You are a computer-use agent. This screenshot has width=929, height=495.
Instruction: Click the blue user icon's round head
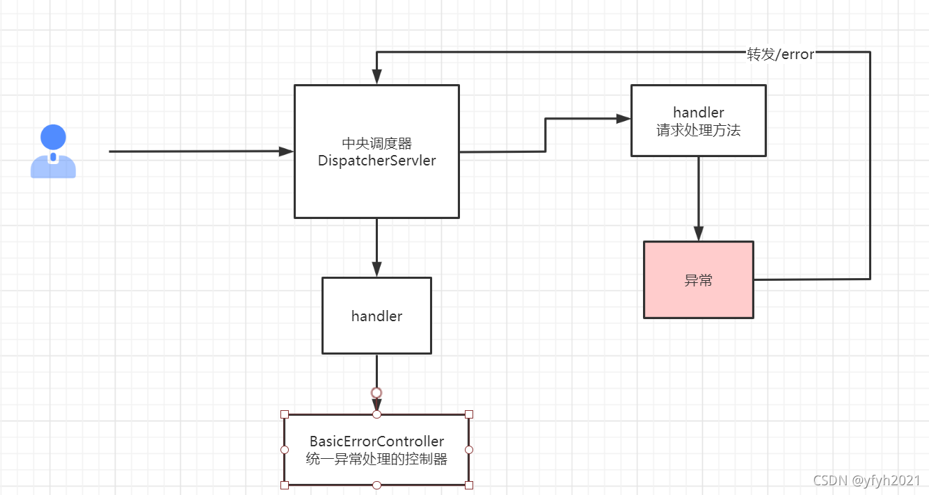click(53, 137)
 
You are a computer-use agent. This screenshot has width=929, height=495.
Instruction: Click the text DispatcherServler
click(376, 161)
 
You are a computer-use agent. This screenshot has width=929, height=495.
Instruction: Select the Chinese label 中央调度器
click(376, 143)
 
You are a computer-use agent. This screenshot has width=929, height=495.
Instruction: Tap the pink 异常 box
click(698, 280)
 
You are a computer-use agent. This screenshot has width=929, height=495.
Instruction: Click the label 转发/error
click(780, 55)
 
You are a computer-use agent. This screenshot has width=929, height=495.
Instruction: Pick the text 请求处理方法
click(698, 130)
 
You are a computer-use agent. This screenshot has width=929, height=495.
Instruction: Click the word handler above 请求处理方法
click(698, 113)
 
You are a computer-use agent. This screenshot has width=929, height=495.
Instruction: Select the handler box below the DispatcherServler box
click(376, 316)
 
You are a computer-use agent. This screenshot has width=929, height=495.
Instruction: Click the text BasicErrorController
click(376, 441)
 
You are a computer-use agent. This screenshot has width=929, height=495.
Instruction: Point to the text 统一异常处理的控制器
click(376, 459)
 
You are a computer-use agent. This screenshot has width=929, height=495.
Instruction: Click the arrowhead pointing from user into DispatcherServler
click(287, 152)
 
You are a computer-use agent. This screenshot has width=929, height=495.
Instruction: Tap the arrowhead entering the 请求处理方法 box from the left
click(624, 119)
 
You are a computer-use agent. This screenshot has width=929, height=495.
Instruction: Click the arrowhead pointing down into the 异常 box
click(698, 234)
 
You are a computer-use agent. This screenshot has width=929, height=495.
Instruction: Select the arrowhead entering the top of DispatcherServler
click(376, 77)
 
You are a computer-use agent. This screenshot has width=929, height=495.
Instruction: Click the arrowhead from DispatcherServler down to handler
click(376, 270)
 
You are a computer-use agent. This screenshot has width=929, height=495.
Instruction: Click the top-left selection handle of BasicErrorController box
click(284, 414)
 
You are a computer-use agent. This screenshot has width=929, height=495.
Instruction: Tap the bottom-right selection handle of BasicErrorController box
click(469, 485)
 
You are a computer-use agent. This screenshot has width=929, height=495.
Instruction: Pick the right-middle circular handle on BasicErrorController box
click(469, 450)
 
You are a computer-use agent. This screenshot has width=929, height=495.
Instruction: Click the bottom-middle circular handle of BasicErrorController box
click(376, 485)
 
